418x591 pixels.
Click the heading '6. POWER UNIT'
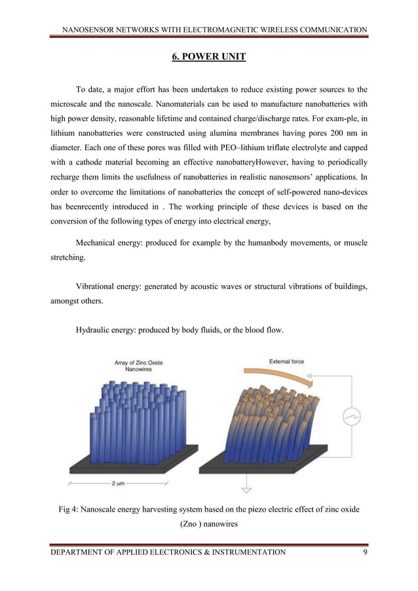(208, 58)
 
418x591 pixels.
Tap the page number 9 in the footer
(366, 552)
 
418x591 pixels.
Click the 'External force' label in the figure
(286, 361)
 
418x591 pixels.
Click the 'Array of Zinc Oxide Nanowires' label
(138, 366)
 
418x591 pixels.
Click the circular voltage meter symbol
(349, 417)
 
